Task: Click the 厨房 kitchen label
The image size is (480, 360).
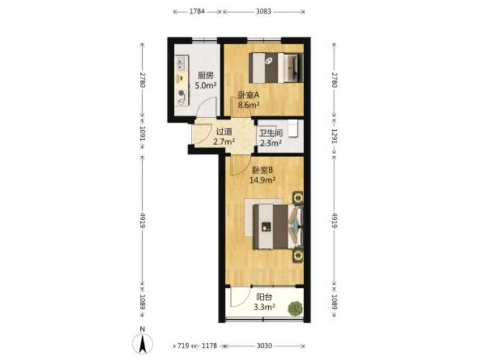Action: click(x=205, y=76)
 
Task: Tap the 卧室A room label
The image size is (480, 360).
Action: click(x=248, y=95)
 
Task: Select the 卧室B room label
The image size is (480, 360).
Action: click(x=262, y=170)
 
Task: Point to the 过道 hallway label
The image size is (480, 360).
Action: click(x=224, y=132)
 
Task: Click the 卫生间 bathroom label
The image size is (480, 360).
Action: click(x=271, y=133)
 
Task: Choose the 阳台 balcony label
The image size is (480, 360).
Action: click(x=264, y=297)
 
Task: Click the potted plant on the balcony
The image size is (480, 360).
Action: click(x=296, y=308)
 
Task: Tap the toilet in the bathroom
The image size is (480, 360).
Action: click(x=293, y=128)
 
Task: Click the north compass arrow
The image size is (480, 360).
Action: click(x=142, y=344)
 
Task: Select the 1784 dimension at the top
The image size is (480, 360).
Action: click(x=197, y=11)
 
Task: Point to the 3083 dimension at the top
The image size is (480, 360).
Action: click(x=263, y=11)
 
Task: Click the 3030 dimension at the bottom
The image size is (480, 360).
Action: click(x=264, y=346)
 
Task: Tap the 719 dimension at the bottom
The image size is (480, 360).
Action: click(x=183, y=346)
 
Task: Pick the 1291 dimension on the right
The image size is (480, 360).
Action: click(x=334, y=136)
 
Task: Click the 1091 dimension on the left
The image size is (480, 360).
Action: click(x=143, y=133)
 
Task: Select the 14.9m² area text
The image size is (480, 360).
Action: click(x=262, y=180)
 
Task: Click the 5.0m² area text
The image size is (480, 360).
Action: click(x=206, y=85)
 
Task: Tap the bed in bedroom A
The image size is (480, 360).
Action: click(x=276, y=68)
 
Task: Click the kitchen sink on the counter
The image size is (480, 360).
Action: click(x=182, y=64)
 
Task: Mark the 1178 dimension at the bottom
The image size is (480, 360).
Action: click(x=209, y=346)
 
